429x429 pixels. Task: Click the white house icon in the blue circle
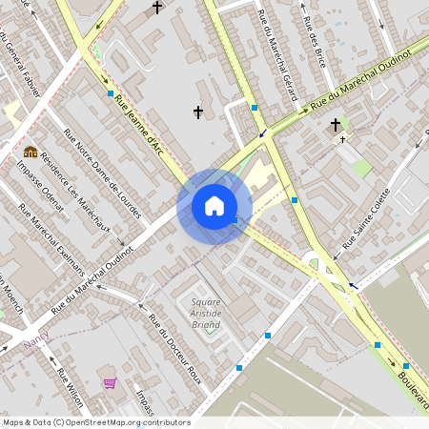214,205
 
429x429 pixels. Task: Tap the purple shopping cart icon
110,383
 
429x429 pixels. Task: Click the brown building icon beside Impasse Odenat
31,152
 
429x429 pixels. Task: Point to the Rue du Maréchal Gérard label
277,55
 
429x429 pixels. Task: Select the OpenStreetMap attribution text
96,422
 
